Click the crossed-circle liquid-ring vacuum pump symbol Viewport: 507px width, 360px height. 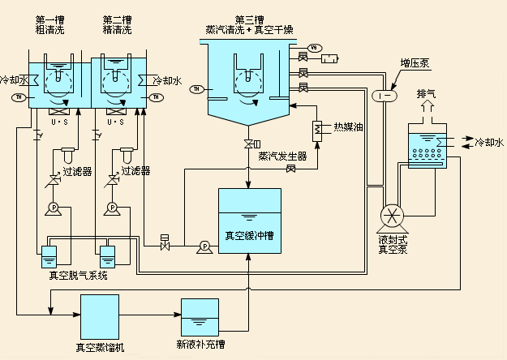point(393,215)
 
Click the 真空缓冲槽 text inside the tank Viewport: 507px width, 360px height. point(249,236)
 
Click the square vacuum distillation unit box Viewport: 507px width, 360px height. point(100,315)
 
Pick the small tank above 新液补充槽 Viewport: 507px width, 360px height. point(199,318)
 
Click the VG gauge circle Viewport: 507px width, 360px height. point(316,47)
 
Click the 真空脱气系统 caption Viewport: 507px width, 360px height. point(78,275)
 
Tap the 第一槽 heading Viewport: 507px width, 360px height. point(51,19)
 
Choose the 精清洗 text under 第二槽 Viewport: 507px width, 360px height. point(118,29)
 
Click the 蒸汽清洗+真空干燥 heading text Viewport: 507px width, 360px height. point(250,29)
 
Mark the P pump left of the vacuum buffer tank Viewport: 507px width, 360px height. point(204,246)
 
